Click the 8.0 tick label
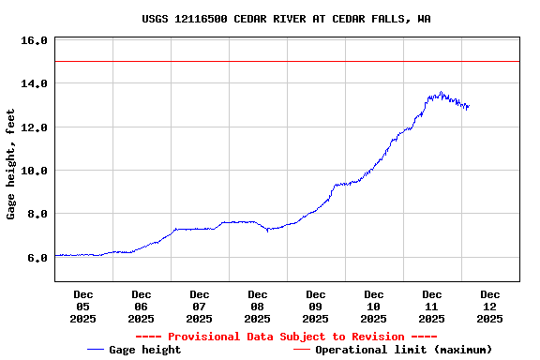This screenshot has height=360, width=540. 37,214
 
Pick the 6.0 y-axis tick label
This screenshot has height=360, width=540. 37,257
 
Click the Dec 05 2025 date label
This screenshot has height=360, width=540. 83,307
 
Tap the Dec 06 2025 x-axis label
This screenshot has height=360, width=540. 142,307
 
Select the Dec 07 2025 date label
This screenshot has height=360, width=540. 200,307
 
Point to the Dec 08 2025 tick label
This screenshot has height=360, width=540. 258,307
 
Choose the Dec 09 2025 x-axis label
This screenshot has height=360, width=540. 316,307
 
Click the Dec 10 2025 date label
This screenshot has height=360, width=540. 374,307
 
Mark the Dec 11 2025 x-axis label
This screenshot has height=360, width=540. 432,307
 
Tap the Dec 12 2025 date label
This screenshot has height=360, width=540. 490,307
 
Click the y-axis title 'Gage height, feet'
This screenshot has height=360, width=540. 11,164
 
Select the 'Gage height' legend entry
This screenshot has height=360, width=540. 145,350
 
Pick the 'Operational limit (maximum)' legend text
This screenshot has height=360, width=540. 403,350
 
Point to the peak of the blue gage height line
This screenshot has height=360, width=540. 441,92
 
